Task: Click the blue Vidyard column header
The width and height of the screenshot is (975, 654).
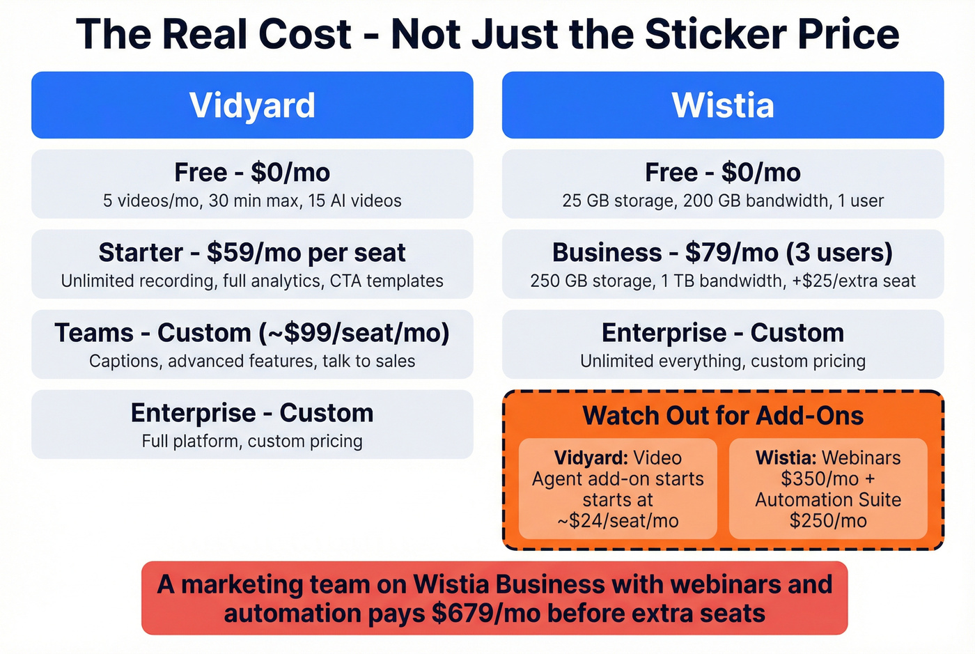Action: (x=252, y=105)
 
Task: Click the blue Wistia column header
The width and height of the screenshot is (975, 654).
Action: (x=723, y=105)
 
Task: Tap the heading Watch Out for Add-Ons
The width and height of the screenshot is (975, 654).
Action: (x=723, y=416)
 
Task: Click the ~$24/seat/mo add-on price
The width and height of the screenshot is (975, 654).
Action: (x=618, y=521)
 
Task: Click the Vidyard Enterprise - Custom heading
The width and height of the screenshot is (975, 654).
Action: (x=252, y=413)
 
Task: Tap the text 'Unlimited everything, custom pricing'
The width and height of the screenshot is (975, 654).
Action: (x=723, y=361)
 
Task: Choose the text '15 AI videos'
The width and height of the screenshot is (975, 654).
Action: (x=355, y=201)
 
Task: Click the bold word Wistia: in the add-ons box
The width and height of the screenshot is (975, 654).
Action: (x=786, y=458)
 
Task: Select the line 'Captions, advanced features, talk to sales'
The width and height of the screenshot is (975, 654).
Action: (x=252, y=361)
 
